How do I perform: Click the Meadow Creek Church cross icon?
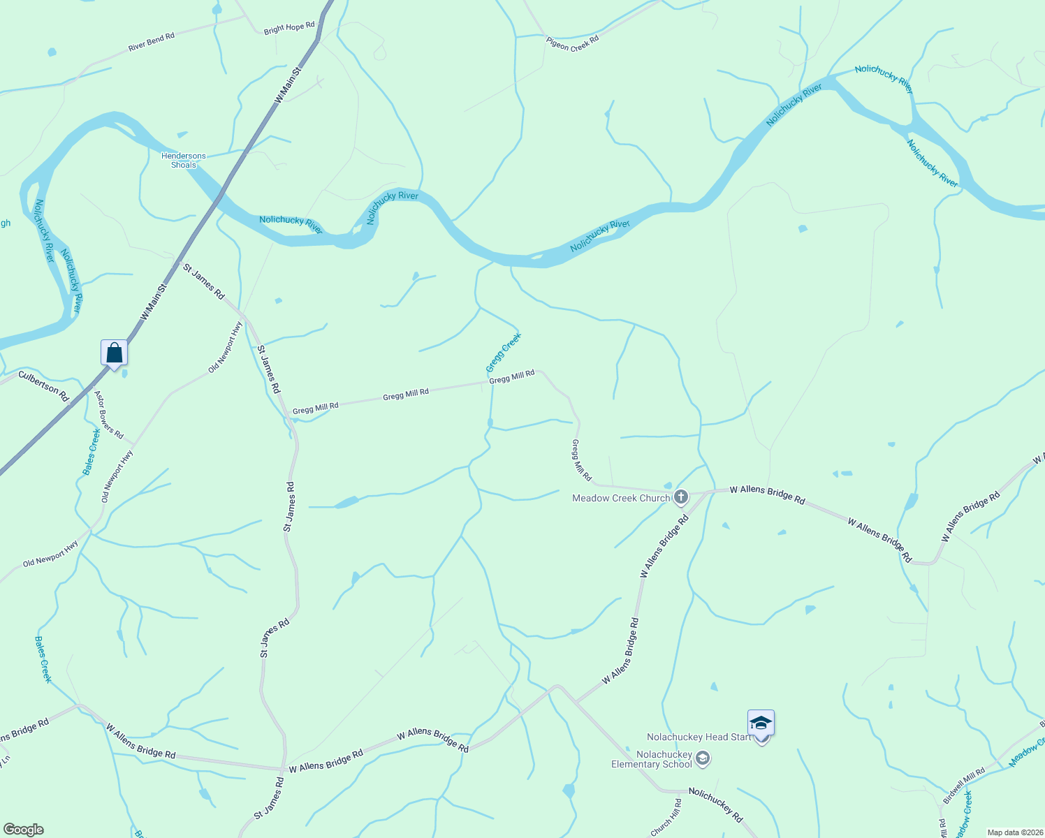point(681,497)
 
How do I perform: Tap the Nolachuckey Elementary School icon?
point(703,758)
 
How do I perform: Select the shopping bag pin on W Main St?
point(114,353)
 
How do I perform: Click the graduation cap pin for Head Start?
point(761,723)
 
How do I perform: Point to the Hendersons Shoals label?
point(184,161)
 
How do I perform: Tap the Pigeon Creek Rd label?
point(573,43)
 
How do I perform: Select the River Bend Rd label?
point(152,42)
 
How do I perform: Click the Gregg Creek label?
point(504,353)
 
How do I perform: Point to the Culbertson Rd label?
point(43,386)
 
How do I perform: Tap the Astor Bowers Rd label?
point(109,415)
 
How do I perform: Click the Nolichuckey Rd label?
point(715,804)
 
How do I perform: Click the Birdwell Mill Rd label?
point(964,786)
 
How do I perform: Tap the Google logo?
point(23,830)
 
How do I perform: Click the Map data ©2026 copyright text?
point(1013,832)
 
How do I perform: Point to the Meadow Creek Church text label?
point(620,498)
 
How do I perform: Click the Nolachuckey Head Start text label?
point(699,737)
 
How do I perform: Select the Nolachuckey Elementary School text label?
point(652,759)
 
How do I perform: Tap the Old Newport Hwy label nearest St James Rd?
point(226,347)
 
